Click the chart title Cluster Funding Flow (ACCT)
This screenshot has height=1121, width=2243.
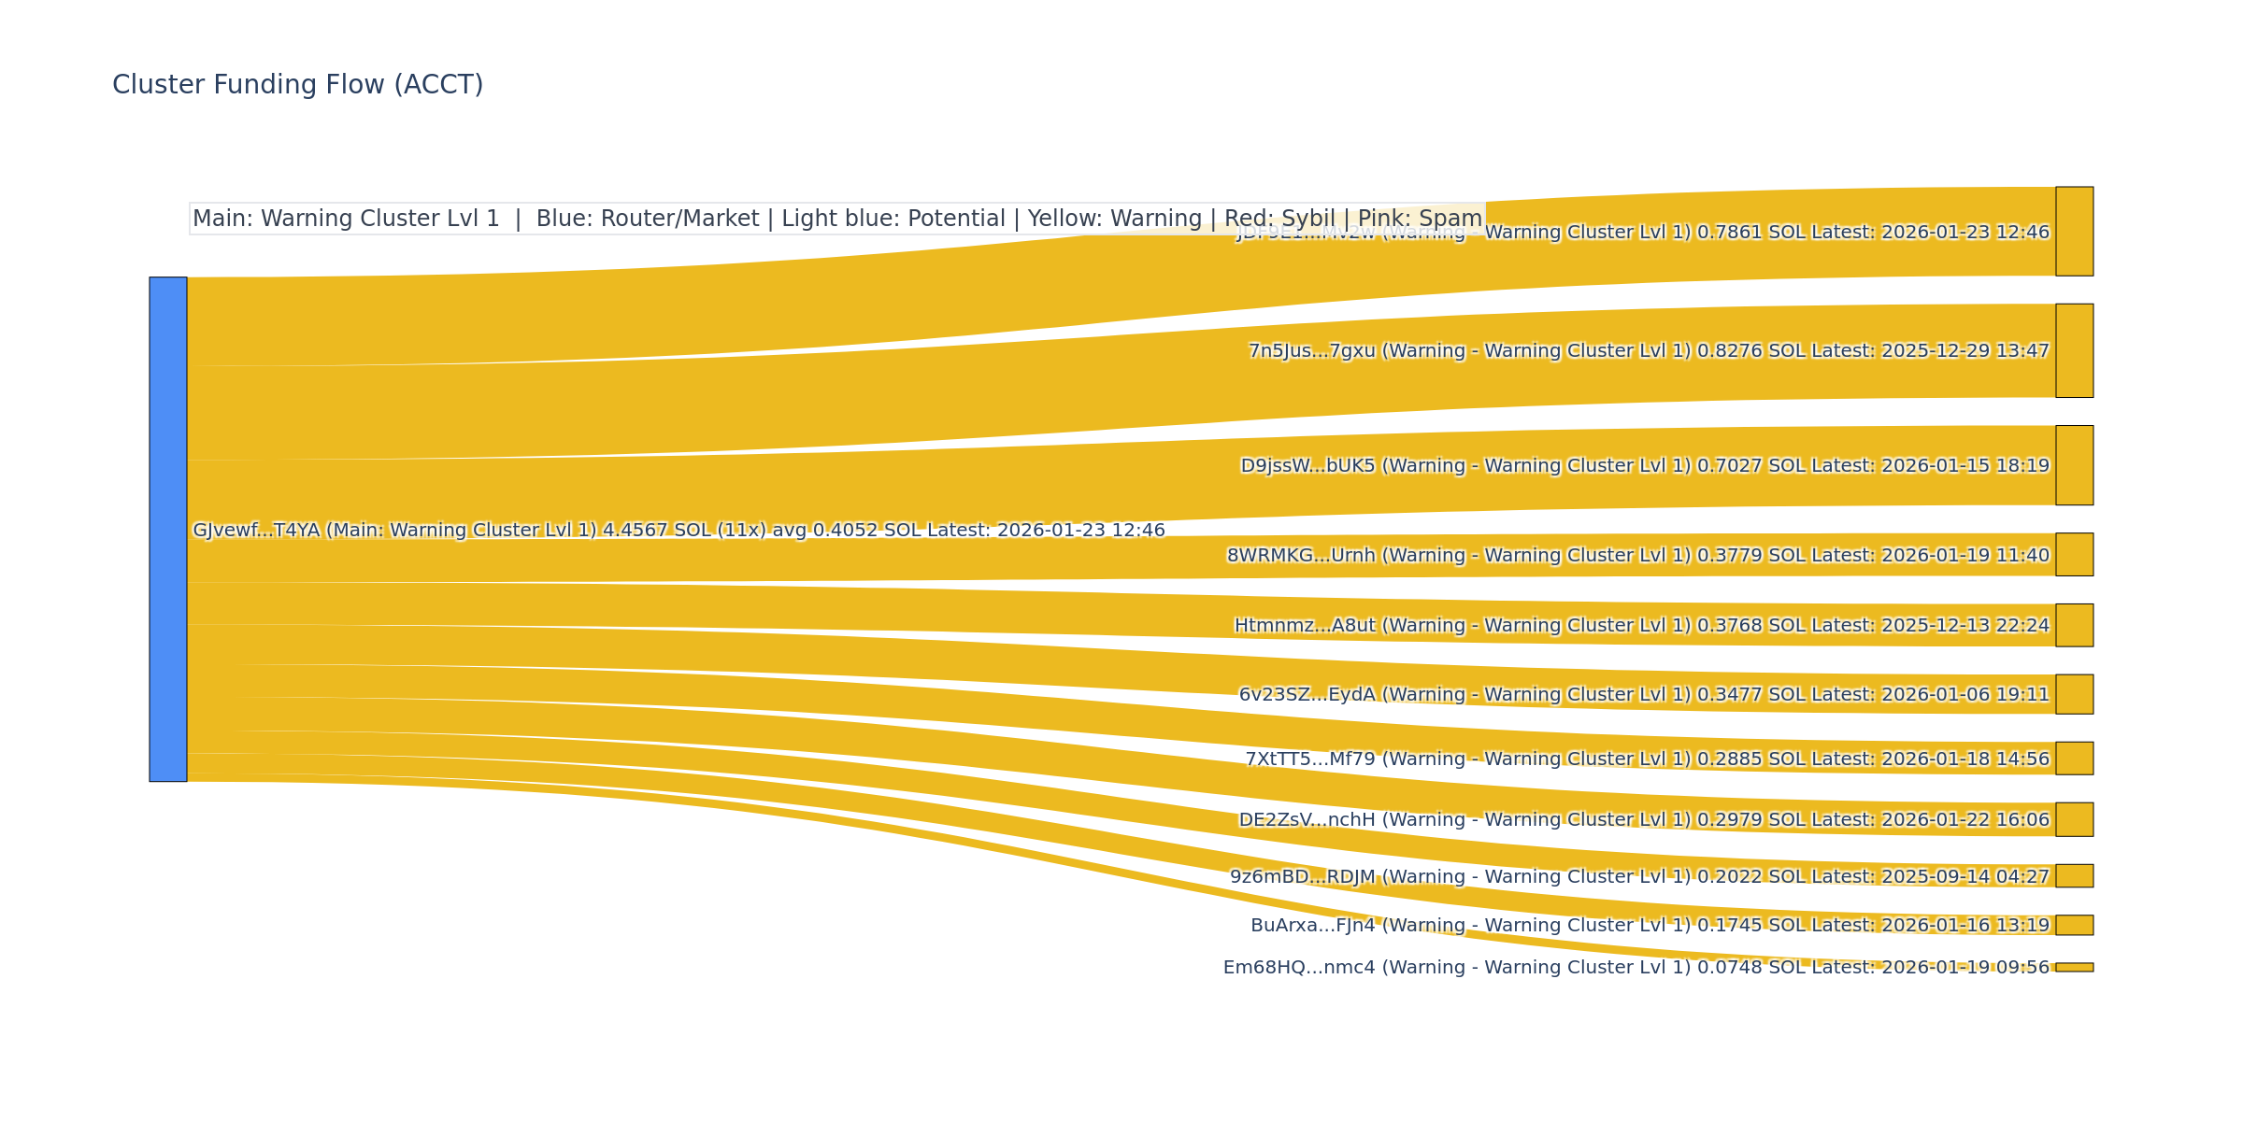click(x=297, y=85)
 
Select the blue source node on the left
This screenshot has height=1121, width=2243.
click(x=168, y=529)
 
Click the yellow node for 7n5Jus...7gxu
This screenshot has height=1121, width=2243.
click(x=2074, y=350)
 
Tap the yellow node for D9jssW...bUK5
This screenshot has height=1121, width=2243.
click(x=2074, y=465)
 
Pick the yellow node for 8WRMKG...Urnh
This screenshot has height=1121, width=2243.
click(x=2074, y=555)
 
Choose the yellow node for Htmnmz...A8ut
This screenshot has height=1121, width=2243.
click(x=2074, y=625)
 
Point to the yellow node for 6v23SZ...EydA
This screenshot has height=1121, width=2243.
click(x=2074, y=694)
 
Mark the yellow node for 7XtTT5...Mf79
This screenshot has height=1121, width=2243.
click(x=2074, y=759)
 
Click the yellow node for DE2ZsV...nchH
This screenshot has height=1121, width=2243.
click(x=2074, y=819)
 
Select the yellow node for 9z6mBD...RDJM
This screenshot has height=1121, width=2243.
click(x=2074, y=876)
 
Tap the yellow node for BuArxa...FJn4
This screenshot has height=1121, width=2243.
click(x=2074, y=925)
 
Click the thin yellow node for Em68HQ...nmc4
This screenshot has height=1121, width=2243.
click(x=2074, y=968)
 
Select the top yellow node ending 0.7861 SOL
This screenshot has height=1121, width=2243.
click(x=2074, y=232)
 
